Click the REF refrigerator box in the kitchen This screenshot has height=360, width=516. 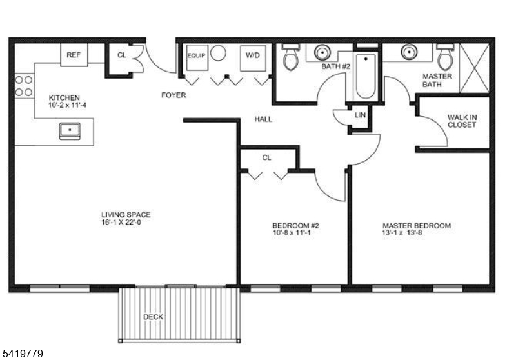[x=74, y=55]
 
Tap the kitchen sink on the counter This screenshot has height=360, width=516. [x=70, y=130]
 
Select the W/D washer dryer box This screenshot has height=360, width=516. [x=253, y=56]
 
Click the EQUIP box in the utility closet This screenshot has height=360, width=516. [x=196, y=55]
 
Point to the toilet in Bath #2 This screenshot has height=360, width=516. [x=290, y=57]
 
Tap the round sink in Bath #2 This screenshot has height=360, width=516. [x=322, y=52]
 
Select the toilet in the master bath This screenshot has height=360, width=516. [x=445, y=57]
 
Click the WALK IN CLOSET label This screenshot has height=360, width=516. [x=461, y=121]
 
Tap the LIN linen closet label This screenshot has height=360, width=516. [x=360, y=115]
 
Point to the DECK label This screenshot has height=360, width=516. [x=153, y=317]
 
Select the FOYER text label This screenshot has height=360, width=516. [x=173, y=95]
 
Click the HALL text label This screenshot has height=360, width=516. [x=263, y=119]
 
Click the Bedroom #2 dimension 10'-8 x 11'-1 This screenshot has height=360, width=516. [x=295, y=233]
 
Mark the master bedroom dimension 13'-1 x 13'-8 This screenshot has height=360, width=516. [x=415, y=234]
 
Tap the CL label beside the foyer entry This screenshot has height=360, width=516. [x=122, y=55]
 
